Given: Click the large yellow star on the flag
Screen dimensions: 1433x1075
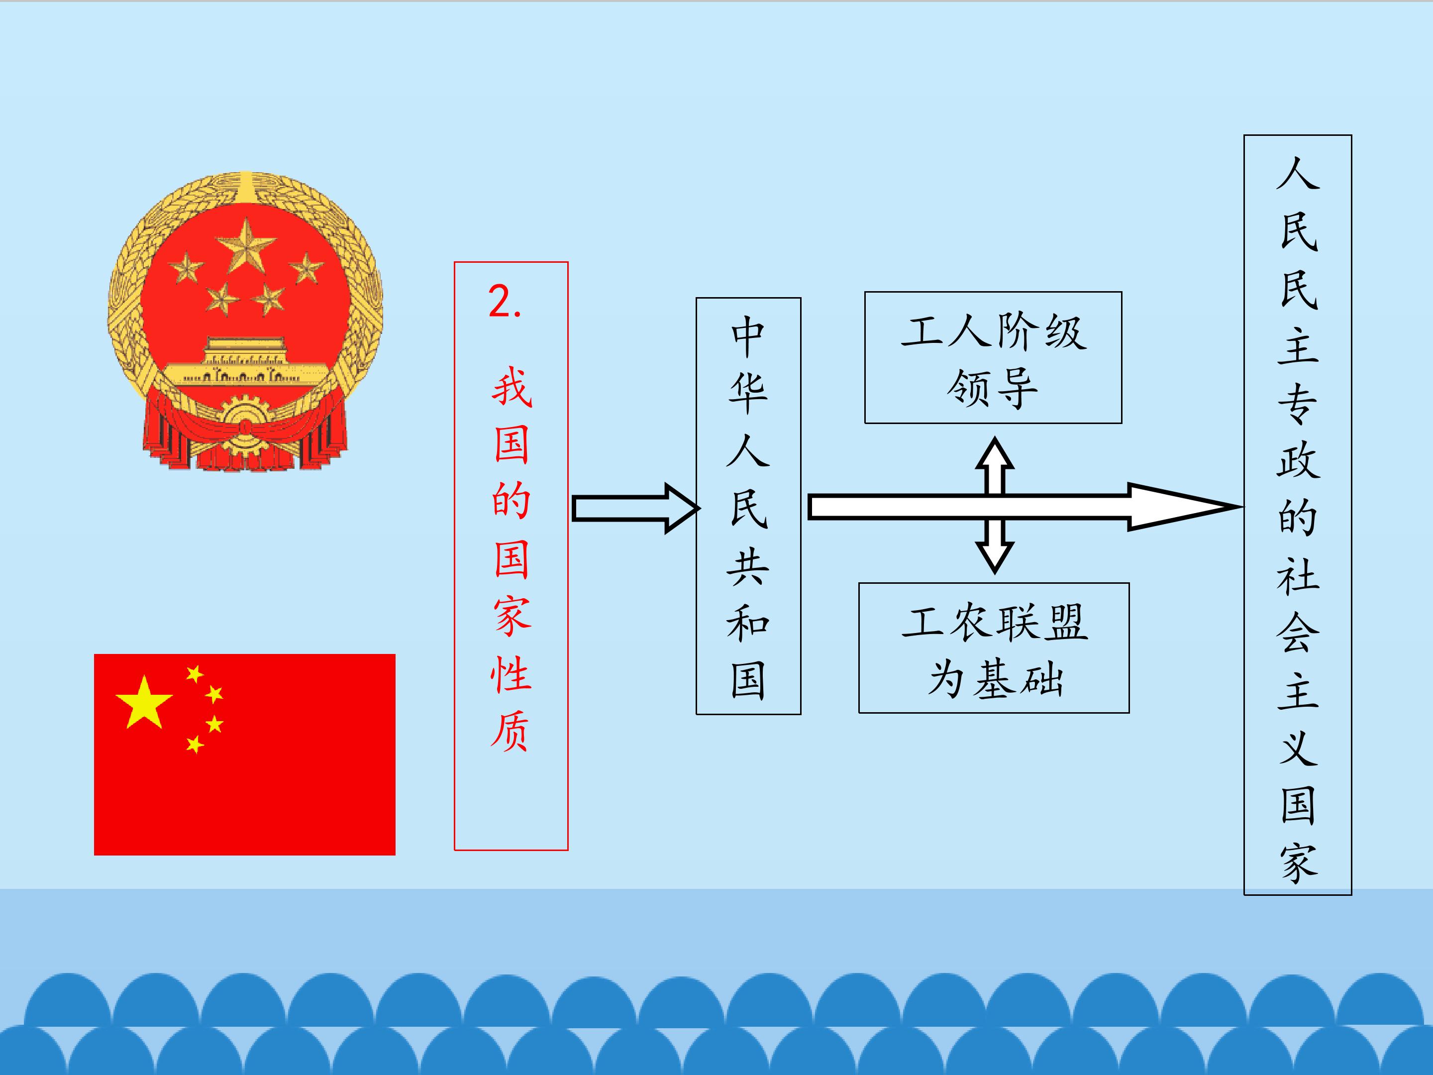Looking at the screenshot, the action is click(x=144, y=702).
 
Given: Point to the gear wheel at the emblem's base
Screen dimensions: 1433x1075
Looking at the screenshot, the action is click(x=245, y=425).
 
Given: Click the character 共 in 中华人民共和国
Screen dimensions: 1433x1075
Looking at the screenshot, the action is click(x=748, y=566).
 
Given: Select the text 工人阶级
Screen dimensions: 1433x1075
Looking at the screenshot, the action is click(x=994, y=332).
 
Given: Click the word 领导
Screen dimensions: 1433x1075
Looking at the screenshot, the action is click(x=993, y=389).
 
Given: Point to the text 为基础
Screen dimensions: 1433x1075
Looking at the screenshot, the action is click(x=995, y=680).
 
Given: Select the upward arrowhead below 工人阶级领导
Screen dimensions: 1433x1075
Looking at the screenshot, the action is click(x=995, y=453).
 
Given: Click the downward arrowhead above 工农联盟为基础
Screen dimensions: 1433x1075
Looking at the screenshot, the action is click(x=995, y=557).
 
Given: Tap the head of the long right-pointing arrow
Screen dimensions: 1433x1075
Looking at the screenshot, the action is click(x=1182, y=507).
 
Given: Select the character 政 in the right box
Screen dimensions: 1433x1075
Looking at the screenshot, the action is click(x=1298, y=461).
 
